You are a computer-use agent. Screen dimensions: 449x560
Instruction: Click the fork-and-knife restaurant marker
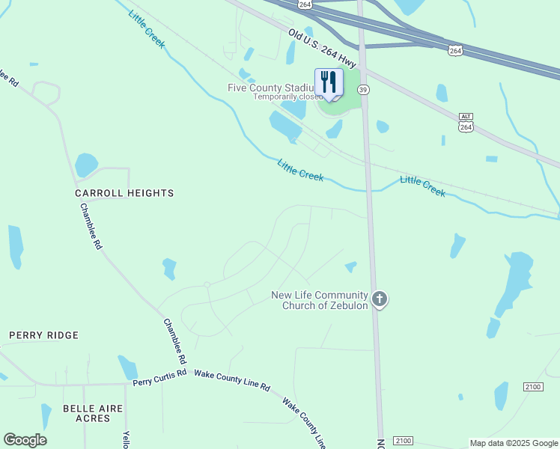[329, 83]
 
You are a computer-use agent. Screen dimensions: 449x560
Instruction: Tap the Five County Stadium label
[270, 88]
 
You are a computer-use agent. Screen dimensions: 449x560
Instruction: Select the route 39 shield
[363, 89]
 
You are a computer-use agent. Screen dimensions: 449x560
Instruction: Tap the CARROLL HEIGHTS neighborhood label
[124, 193]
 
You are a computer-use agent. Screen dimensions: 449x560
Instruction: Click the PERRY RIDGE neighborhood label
[44, 335]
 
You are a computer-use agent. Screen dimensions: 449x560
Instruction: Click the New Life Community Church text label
[320, 300]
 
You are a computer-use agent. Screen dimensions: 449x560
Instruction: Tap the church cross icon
[380, 300]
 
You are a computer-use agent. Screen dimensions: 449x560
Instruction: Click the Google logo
[25, 440]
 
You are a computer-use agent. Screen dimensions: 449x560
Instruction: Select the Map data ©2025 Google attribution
[514, 443]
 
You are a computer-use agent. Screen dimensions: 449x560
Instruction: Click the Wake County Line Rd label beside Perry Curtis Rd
[231, 379]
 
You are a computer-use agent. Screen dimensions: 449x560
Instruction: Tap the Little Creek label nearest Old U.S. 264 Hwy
[146, 29]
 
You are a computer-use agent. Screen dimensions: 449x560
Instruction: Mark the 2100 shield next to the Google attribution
[403, 440]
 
